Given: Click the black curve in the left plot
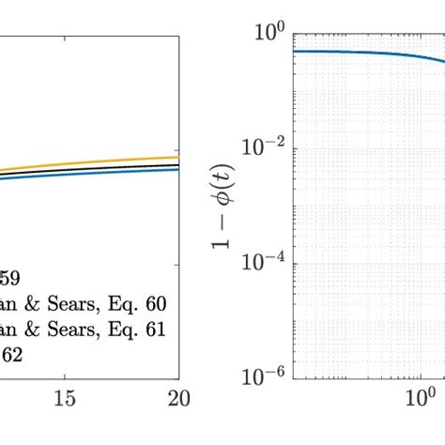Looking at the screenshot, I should click(113, 169).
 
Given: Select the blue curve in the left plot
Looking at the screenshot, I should click(113, 174).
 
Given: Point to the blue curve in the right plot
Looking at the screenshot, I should click(357, 53).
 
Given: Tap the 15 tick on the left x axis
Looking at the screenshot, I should click(64, 398).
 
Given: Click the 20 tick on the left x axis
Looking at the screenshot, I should click(177, 398).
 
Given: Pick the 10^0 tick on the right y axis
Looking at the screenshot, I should click(269, 33).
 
